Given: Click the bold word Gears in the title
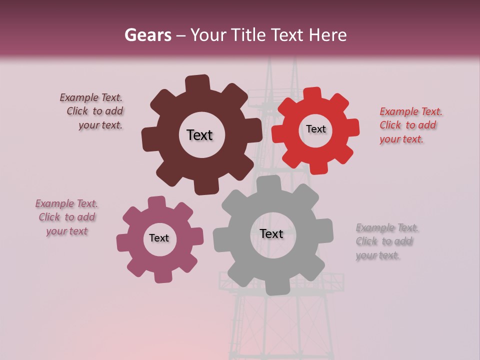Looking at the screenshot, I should tap(147, 35).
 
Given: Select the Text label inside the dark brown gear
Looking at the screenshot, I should tap(199, 135).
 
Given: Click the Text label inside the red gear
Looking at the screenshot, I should tap(315, 129).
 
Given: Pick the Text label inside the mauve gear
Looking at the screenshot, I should tap(159, 238).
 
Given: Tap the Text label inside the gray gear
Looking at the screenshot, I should tap(271, 233).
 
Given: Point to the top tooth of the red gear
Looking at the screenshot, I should tap(312, 93).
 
